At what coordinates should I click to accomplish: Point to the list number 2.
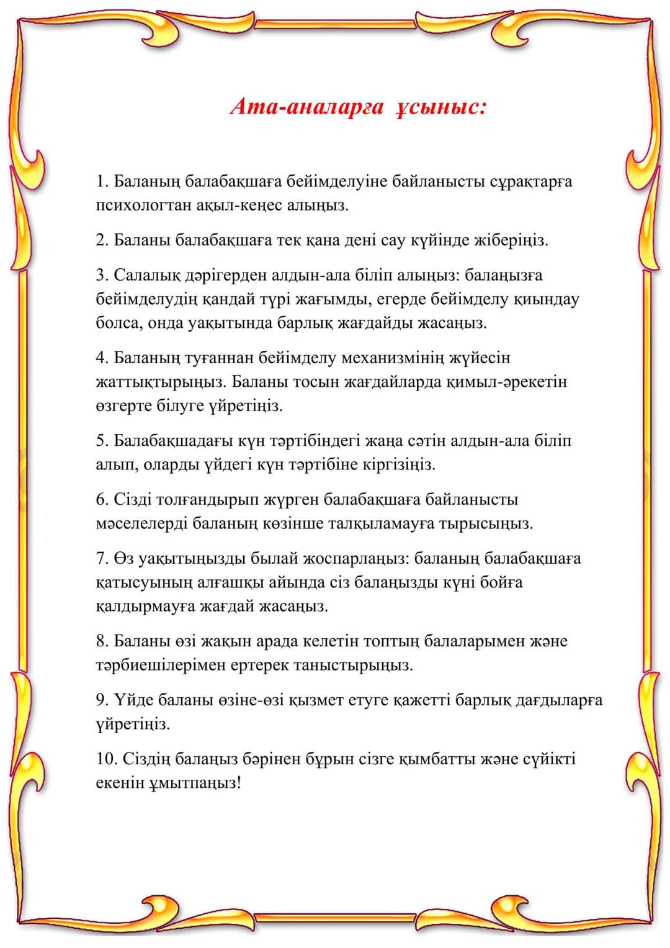[x=102, y=240]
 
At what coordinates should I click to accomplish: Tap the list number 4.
[x=102, y=358]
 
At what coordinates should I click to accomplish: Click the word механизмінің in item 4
[x=403, y=358]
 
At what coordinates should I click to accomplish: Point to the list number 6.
[x=102, y=500]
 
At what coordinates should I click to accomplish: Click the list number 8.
[x=102, y=641]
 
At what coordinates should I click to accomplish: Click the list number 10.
[x=105, y=759]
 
